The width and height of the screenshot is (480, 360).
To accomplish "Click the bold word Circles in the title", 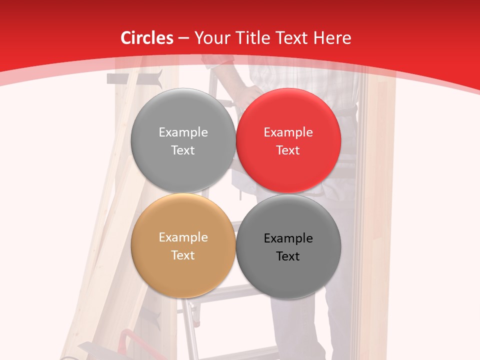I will [x=146, y=38].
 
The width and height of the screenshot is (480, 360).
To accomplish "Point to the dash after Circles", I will [x=183, y=38].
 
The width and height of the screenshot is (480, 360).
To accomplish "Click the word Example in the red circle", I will [x=288, y=132].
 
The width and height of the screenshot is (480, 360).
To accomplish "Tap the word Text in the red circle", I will [x=288, y=150].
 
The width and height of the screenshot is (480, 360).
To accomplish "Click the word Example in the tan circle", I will [x=183, y=237].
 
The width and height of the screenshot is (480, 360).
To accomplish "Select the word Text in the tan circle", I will [x=183, y=255].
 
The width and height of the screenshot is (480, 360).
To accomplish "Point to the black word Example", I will [x=288, y=238].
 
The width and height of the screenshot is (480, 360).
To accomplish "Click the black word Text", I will [x=288, y=256].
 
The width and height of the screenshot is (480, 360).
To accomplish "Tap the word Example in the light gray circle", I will [x=183, y=132].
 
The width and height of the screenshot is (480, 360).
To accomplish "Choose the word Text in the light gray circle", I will [x=183, y=150].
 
